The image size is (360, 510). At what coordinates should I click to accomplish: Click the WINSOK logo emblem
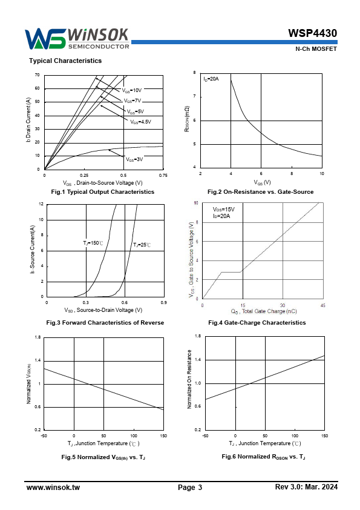[x=45, y=39]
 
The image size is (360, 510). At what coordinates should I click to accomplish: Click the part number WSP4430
[x=312, y=33]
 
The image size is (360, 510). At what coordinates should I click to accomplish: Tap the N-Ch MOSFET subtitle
[x=316, y=49]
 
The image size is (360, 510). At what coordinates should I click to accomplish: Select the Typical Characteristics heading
[x=65, y=61]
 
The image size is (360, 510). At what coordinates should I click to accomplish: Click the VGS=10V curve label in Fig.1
[x=131, y=90]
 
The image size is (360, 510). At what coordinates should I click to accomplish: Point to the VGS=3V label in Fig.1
[x=134, y=159]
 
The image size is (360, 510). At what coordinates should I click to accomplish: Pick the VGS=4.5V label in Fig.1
[x=141, y=122]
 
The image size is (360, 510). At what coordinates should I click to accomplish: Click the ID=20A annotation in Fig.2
[x=211, y=79]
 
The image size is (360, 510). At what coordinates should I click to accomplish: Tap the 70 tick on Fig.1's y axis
[x=38, y=75]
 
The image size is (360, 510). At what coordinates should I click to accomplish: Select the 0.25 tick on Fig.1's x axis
[x=84, y=176]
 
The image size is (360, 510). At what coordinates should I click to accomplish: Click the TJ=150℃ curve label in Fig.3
[x=93, y=243]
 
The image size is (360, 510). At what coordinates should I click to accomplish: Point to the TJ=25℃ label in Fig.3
[x=142, y=245]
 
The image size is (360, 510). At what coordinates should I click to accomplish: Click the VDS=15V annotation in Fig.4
[x=223, y=210]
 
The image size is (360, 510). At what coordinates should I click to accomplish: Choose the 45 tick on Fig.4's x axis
[x=322, y=305]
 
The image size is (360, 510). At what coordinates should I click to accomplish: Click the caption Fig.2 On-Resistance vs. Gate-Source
[x=261, y=192]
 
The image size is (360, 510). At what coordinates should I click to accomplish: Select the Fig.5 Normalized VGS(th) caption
[x=103, y=457]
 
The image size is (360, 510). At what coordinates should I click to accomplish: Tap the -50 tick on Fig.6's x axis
[x=205, y=436]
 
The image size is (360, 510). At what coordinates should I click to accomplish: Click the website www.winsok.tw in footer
[x=53, y=487]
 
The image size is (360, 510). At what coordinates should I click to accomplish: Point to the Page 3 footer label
[x=190, y=487]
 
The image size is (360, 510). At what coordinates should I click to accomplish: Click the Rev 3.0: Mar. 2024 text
[x=306, y=487]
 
